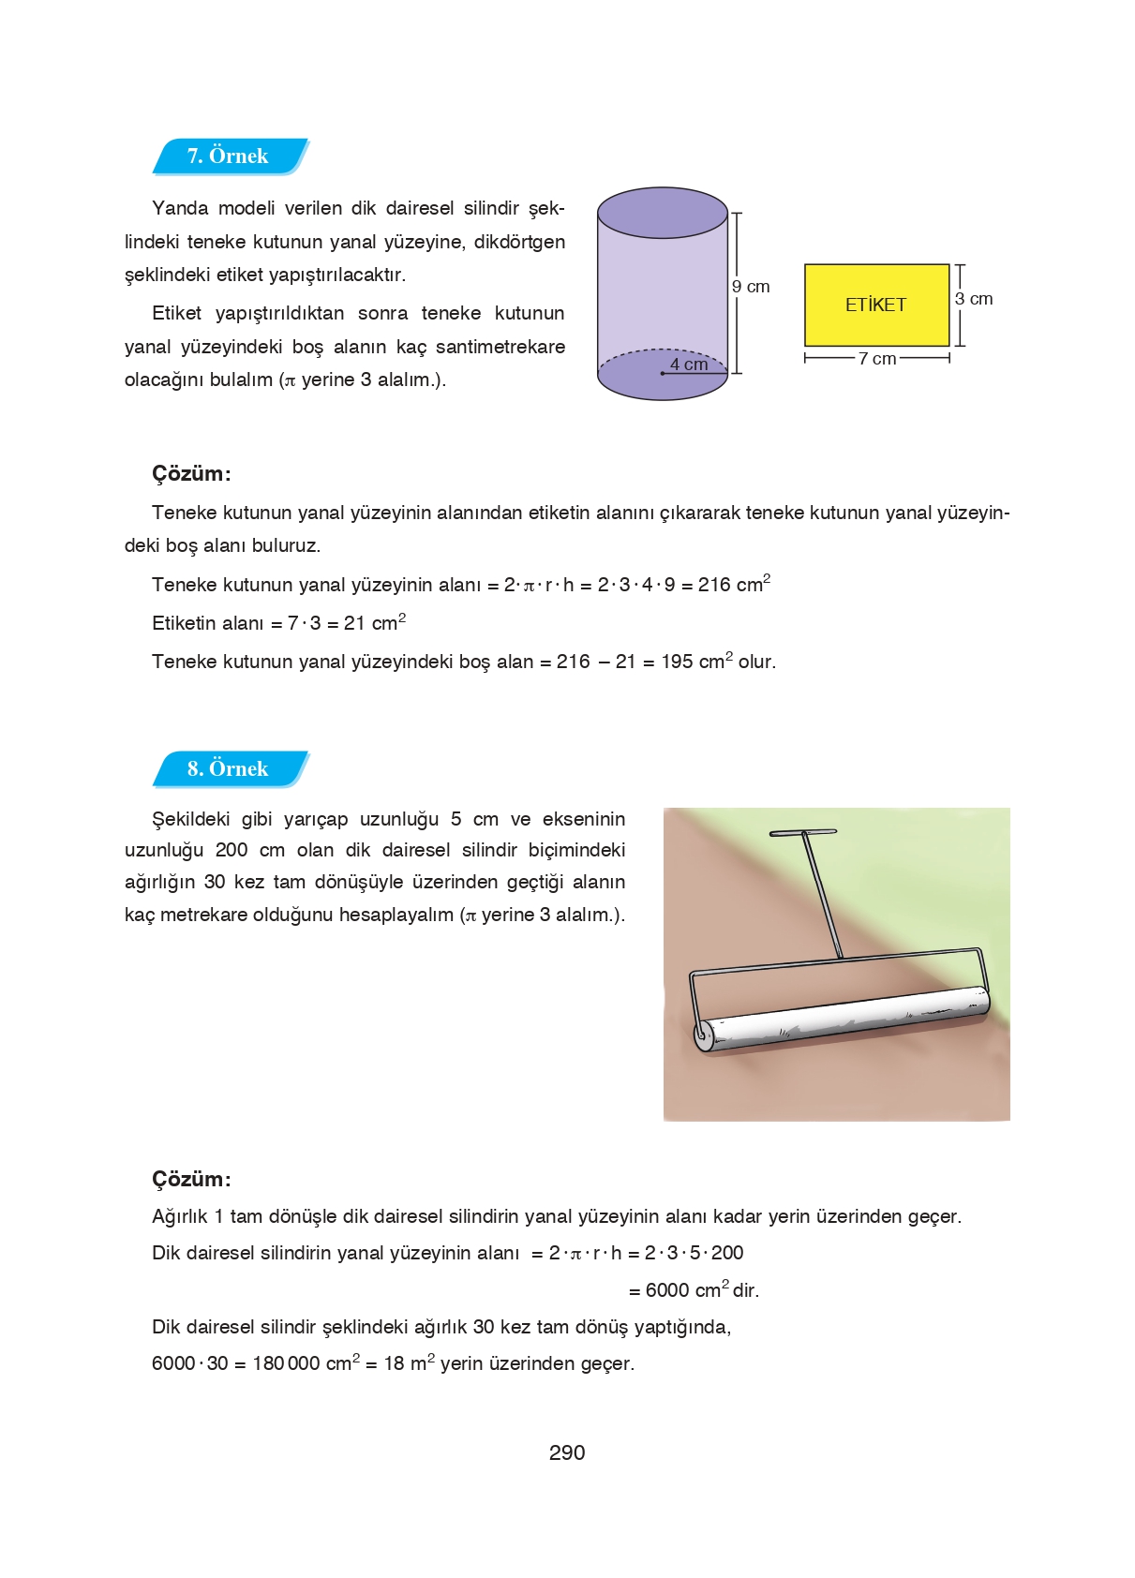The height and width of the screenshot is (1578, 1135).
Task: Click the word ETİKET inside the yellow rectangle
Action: [875, 305]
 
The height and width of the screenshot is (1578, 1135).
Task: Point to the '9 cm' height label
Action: [751, 287]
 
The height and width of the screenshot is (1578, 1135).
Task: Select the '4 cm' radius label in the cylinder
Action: [689, 365]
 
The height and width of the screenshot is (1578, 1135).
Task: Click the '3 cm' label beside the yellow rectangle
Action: [974, 299]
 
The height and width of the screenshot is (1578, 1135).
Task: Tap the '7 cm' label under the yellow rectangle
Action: [877, 359]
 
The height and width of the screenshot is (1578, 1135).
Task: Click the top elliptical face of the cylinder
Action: [663, 213]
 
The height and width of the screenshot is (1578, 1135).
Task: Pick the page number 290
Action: [567, 1452]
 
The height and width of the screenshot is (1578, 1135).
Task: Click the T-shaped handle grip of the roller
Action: [802, 832]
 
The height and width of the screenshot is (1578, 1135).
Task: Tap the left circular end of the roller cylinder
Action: [702, 1035]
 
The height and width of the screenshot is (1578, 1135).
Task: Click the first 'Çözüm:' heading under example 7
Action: [191, 473]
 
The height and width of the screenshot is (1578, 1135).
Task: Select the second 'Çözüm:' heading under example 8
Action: [191, 1179]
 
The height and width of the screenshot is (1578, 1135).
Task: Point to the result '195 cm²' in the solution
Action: [696, 662]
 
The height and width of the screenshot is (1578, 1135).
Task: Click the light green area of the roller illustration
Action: [947, 871]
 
